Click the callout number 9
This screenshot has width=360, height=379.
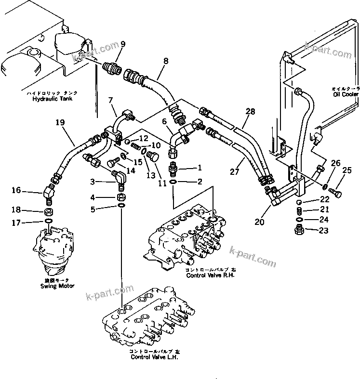[122, 45]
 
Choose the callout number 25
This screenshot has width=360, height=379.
[347, 170]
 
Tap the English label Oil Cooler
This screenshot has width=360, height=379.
[345, 94]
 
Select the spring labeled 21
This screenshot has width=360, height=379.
[299, 210]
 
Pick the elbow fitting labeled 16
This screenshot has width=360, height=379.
[49, 191]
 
